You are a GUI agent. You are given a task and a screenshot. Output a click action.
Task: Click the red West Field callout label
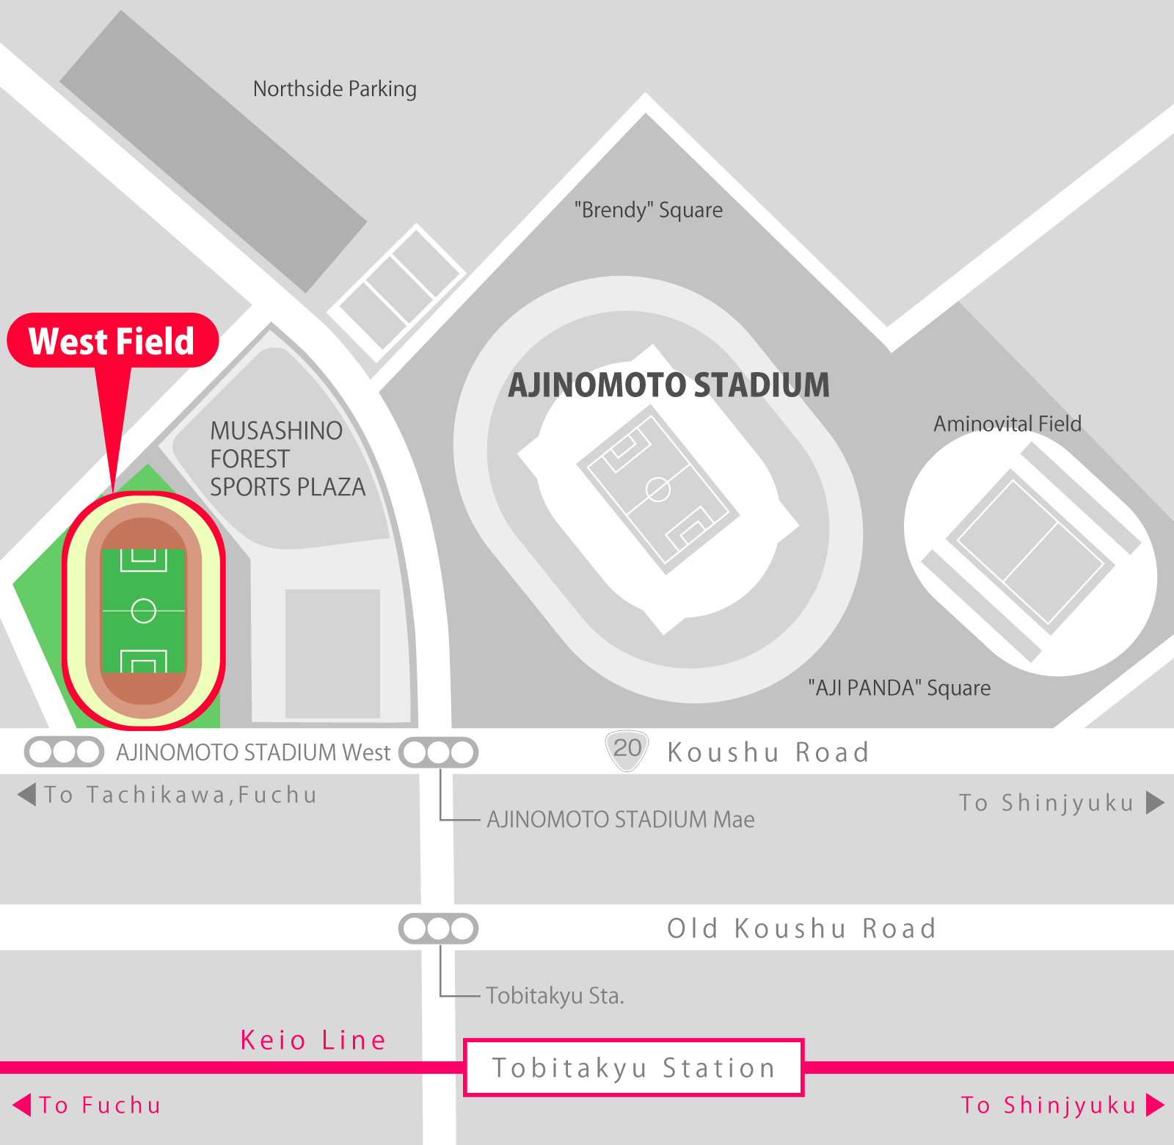point(112,341)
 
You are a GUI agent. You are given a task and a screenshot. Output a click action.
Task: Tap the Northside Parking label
point(335,89)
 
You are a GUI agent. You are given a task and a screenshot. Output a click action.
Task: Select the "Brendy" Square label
point(648,210)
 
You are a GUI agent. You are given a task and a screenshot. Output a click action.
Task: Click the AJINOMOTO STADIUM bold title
point(668,385)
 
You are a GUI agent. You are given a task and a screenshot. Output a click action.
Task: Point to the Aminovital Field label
point(1007,424)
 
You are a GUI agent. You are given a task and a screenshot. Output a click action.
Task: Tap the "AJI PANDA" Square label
point(899,688)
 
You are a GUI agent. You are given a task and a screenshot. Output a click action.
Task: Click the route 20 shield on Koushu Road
point(627,749)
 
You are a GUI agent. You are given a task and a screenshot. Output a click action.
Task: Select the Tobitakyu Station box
point(634,1067)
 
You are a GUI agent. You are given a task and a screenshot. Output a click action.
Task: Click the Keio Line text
point(313,1040)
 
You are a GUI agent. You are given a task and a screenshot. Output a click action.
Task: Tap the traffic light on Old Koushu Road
point(438,928)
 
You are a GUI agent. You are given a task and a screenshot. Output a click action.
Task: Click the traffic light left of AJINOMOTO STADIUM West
point(64,752)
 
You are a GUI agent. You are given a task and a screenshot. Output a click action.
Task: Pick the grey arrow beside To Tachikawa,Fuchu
point(27,794)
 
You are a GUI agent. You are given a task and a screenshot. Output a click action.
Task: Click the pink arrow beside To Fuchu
point(23,1105)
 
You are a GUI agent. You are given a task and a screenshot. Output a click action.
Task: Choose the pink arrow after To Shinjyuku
point(1155,1105)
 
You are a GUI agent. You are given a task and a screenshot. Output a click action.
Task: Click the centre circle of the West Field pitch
point(143,611)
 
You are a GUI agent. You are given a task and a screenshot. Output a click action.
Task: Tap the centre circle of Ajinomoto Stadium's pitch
point(658,489)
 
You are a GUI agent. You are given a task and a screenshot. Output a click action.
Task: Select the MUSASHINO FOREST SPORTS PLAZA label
point(287,459)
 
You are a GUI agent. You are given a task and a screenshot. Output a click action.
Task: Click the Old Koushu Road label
point(801,928)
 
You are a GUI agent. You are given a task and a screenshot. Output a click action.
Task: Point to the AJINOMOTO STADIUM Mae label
point(621,819)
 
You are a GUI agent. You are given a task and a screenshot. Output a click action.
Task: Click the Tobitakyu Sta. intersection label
point(555,996)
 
